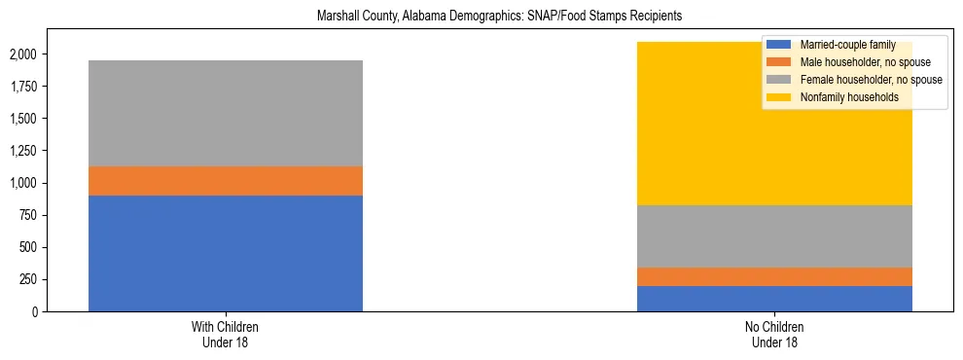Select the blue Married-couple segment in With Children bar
(x=226, y=253)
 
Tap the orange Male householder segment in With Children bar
(x=226, y=181)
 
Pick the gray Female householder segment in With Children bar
(x=226, y=113)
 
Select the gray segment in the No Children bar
(x=774, y=235)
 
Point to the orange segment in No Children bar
(x=774, y=276)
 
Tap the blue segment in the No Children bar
(x=774, y=299)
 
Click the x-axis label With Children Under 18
(x=226, y=334)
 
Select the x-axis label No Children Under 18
(x=774, y=334)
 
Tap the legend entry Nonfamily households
(x=842, y=97)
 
